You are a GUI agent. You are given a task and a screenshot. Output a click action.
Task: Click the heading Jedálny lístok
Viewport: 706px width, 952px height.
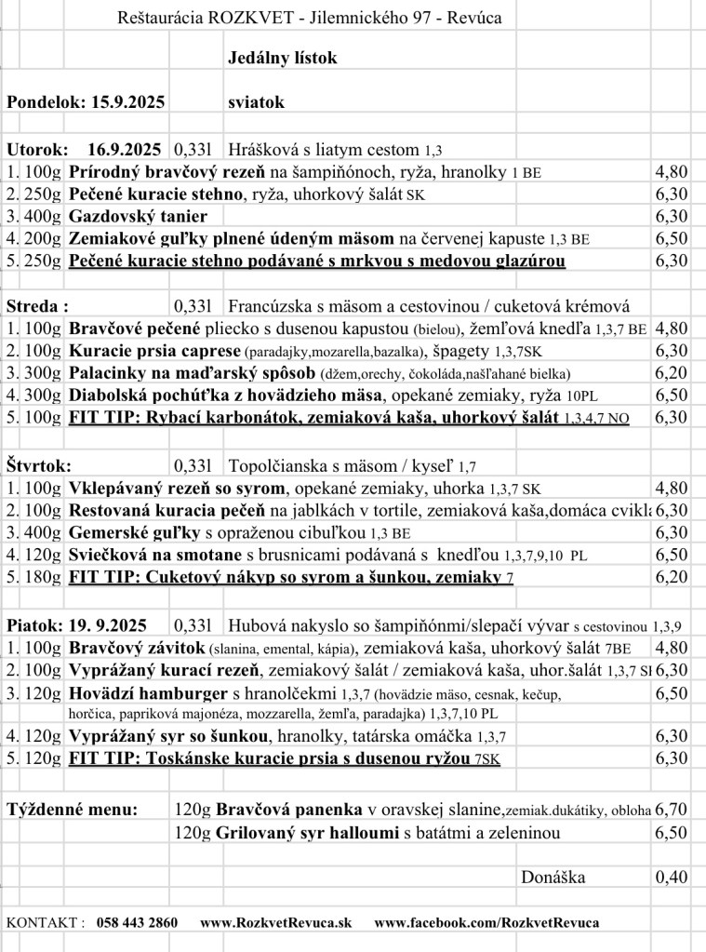click(283, 59)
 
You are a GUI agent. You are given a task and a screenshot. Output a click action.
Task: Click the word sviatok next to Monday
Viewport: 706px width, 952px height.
click(256, 102)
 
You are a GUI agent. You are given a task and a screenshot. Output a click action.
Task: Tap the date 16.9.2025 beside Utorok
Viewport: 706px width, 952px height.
click(125, 149)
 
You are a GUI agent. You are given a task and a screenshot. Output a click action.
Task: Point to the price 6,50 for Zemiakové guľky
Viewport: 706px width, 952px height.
click(672, 238)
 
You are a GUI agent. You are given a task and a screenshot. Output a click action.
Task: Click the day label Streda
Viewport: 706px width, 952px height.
click(37, 305)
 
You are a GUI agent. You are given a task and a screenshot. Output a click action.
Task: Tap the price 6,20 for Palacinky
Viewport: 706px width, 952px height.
click(672, 372)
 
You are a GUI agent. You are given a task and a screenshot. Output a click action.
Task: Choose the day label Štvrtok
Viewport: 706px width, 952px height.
click(39, 465)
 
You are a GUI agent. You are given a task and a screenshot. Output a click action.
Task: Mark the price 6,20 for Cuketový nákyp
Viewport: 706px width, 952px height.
click(672, 577)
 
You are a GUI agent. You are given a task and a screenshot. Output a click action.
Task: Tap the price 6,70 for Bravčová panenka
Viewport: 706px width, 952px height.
click(672, 810)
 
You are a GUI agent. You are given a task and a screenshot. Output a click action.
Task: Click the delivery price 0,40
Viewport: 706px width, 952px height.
click(672, 877)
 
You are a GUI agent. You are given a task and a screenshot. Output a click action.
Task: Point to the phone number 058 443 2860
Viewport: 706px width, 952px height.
click(137, 922)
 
